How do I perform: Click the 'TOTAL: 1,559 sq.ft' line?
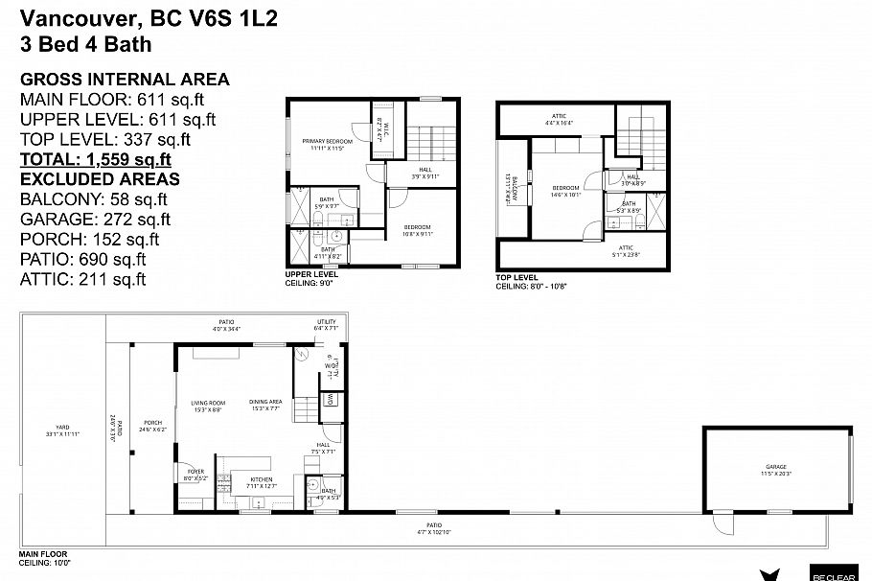96,159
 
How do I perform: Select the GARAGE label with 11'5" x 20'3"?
777,470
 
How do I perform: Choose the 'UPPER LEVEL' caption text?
311,274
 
